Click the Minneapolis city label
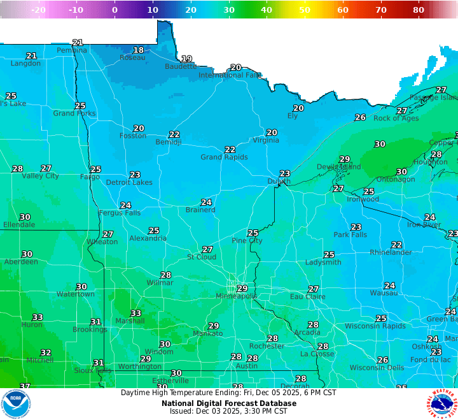point(236,296)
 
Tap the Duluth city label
point(278,181)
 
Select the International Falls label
point(230,75)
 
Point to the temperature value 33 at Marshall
point(135,313)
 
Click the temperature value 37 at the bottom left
point(25,386)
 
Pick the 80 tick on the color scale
point(419,10)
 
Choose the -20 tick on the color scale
point(38,10)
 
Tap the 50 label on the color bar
point(305,10)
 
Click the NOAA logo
point(15,404)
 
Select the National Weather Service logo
point(443,404)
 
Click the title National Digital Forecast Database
point(228,403)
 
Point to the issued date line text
point(228,411)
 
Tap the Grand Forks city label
point(74,113)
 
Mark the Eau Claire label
point(308,296)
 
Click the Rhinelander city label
point(390,252)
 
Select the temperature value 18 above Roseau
point(138,50)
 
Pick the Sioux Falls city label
point(93,370)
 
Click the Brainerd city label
point(200,210)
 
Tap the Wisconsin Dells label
point(377,368)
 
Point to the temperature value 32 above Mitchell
point(46,352)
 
